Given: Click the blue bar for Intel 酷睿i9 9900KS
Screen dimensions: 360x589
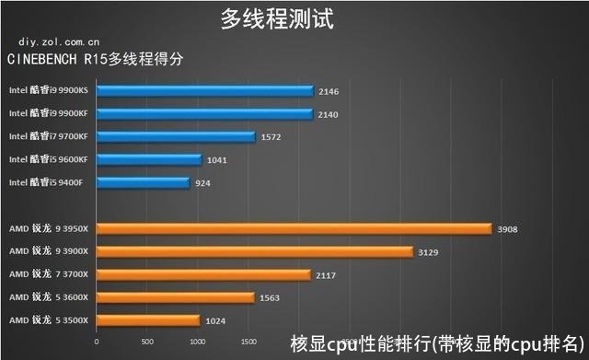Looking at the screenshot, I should tap(203, 91).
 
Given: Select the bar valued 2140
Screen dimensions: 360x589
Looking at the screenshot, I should tap(203, 114).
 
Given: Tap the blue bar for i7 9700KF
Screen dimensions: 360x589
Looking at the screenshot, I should tap(175, 136).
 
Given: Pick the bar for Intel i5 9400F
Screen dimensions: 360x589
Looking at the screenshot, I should tap(143, 182).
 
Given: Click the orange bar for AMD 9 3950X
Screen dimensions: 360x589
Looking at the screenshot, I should tap(294, 228).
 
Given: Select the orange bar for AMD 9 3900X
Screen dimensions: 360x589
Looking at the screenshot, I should tap(254, 250).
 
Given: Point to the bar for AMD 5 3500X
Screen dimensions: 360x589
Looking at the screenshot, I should tap(147, 319).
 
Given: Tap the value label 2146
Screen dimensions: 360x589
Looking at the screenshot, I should tap(329, 92).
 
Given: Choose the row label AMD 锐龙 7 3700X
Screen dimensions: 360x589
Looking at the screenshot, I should tap(46, 274).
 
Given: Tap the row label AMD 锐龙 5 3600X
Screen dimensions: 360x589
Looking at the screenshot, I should tap(46, 297).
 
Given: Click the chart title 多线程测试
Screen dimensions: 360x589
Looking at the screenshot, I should tap(276, 17).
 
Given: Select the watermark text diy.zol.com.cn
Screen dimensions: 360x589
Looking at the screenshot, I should tap(59, 41).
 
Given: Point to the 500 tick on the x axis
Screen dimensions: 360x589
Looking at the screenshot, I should tap(146, 342).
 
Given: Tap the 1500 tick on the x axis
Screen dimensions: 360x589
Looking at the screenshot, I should tap(248, 342).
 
